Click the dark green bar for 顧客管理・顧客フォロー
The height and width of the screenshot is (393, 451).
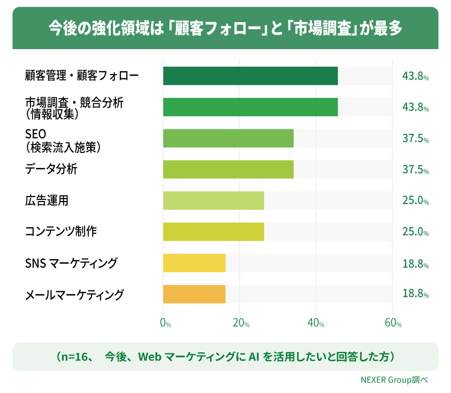click(x=250, y=76)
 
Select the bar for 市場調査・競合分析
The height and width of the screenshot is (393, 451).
click(x=250, y=107)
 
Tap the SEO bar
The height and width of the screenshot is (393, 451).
click(x=229, y=138)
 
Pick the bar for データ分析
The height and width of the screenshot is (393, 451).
click(x=229, y=169)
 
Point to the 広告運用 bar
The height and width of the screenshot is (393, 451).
click(x=213, y=201)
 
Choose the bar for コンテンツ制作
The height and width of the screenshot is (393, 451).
click(x=213, y=232)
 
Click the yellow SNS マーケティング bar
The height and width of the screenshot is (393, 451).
click(x=194, y=263)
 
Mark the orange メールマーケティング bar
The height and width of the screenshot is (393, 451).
click(x=194, y=294)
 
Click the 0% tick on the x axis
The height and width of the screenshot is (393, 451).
click(x=165, y=323)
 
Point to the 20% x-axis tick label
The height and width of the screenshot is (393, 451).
click(x=241, y=323)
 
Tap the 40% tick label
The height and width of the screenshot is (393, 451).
click(x=316, y=323)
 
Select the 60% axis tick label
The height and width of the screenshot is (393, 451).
click(x=393, y=323)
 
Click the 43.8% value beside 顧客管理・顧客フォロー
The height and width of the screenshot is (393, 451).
click(x=415, y=76)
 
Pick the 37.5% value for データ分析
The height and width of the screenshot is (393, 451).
click(x=415, y=169)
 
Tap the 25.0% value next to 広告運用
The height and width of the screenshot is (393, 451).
click(x=415, y=200)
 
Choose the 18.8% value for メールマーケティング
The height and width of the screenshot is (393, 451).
click(x=415, y=293)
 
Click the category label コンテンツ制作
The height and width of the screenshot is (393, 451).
click(x=61, y=231)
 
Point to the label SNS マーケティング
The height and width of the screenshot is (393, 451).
click(x=71, y=263)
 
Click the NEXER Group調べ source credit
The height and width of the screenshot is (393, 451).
click(x=394, y=380)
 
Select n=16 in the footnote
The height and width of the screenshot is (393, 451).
click(x=75, y=357)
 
